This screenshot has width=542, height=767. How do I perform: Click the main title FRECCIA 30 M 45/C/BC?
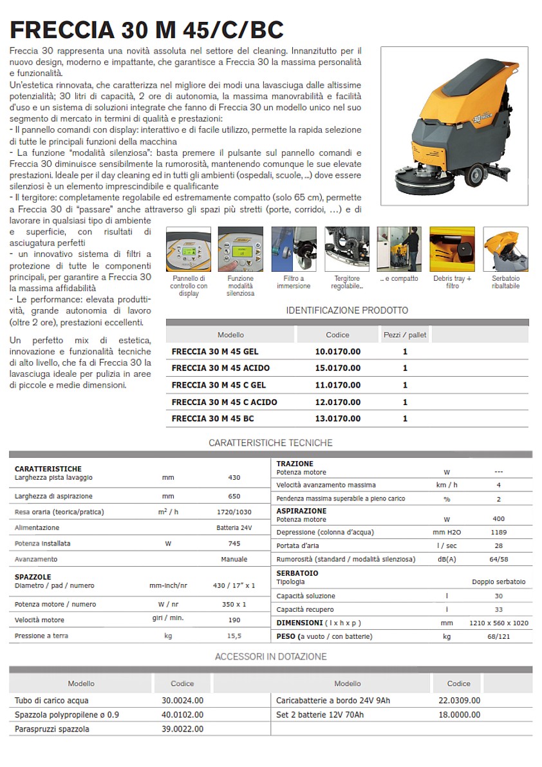[147, 30]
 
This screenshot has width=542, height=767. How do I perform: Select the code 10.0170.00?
[337, 352]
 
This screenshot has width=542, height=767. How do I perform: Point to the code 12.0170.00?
[337, 402]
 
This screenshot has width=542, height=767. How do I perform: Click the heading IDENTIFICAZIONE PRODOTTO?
[347, 310]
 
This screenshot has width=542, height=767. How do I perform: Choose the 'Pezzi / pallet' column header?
[405, 335]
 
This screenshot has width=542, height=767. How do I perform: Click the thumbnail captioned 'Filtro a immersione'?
[294, 249]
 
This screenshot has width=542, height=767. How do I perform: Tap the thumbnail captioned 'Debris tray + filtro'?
[452, 249]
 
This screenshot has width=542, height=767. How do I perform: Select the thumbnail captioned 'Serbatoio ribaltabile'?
[505, 249]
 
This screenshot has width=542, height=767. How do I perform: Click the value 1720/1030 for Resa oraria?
[234, 512]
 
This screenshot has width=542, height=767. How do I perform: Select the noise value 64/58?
[499, 560]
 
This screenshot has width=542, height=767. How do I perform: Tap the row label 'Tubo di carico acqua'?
[52, 701]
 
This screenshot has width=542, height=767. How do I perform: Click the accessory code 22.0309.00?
[459, 701]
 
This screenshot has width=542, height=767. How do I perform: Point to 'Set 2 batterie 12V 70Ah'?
[320, 715]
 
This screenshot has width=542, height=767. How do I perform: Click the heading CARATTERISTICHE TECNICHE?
[270, 443]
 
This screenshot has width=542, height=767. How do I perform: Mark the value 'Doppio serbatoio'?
[499, 582]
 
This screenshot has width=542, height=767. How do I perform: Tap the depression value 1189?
[498, 533]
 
